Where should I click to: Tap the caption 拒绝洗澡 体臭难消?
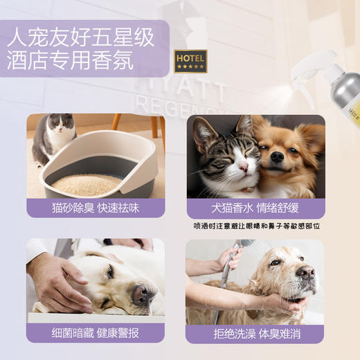coord(255,332)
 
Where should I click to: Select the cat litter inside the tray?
coord(87,183)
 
